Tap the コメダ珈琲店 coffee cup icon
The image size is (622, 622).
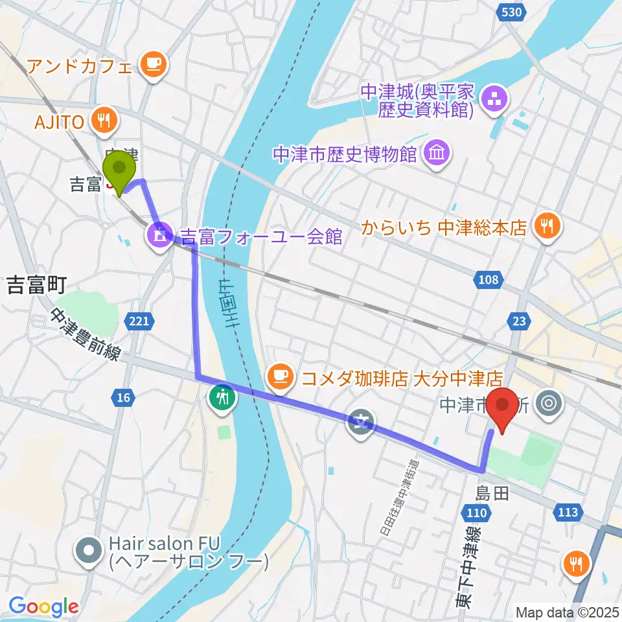click(x=281, y=376)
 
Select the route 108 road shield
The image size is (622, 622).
click(x=489, y=280)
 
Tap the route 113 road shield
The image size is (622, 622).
click(x=566, y=513)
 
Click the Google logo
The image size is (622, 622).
click(x=43, y=606)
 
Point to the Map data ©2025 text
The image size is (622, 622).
click(x=568, y=612)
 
